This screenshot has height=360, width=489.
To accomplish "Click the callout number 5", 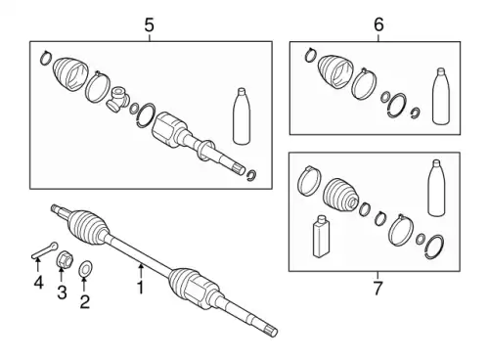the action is coord(149,25).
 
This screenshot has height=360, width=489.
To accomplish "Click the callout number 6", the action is coord(378,24).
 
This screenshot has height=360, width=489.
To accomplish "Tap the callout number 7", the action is coord(378,288).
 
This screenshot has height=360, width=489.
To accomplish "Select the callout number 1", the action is coord(141,288).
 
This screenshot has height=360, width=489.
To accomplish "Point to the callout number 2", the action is coord(84,301).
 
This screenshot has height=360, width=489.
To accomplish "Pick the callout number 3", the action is coord(62,292).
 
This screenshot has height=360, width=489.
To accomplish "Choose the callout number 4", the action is coord(38,282).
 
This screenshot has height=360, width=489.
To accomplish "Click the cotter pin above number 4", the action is coord(45,250).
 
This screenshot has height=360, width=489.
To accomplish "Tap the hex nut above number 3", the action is coord(65,259).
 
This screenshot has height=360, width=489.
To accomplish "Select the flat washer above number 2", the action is coord(85,268).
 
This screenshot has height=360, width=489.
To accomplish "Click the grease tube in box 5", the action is coord(242,115).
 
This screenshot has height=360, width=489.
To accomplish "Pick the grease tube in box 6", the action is coord(441,96).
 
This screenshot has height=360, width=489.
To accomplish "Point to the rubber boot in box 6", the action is coord(334,71).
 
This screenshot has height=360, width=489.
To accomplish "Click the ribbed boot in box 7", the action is coord(341,195).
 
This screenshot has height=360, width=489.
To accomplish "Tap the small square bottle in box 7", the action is coord(321,236).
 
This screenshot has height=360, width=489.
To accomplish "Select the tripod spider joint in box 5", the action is coord(117,99).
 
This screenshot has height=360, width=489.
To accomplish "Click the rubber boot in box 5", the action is coord(70,74).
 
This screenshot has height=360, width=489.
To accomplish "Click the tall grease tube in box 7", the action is coord(436,188).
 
